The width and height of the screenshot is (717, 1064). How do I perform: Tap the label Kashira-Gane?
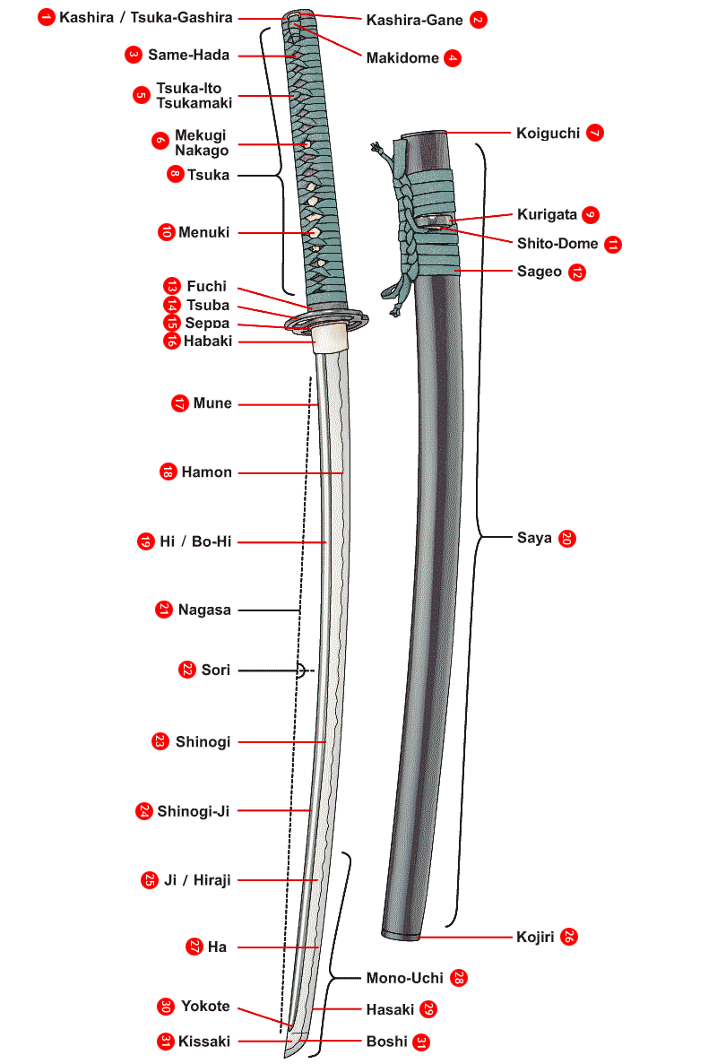[415, 20]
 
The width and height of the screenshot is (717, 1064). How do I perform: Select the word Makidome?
[402, 58]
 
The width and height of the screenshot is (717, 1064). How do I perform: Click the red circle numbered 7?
[594, 134]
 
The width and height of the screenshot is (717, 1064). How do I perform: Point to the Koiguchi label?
[549, 134]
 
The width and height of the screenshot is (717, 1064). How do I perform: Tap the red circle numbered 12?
[576, 272]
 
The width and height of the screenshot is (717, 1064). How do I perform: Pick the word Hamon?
[206, 472]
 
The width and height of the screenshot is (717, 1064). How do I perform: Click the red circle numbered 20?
[566, 539]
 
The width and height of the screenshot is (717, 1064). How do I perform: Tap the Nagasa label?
[203, 610]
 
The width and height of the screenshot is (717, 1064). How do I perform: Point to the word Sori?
[216, 670]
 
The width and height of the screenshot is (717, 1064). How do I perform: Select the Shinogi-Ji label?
[194, 811]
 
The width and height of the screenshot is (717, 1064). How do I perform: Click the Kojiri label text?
[536, 938]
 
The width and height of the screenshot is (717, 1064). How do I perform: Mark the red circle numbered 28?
[459, 978]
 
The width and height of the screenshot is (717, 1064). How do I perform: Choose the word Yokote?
[205, 1006]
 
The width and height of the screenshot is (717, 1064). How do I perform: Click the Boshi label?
[386, 1042]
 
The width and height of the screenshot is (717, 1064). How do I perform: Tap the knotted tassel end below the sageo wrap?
[394, 306]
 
